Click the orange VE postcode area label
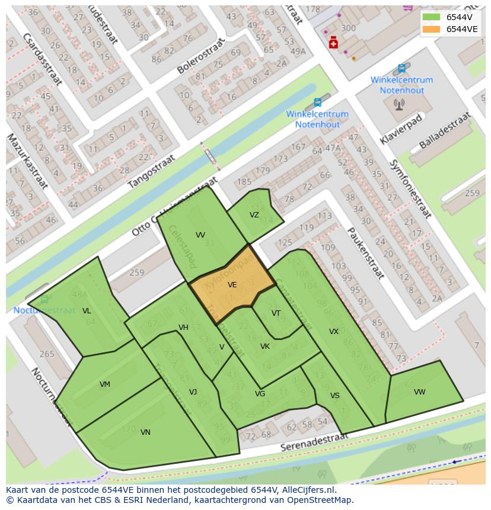pos(232,285)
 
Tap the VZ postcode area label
pos(254,215)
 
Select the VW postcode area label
pos(419,392)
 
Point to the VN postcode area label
pos(145,432)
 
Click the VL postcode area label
pos(87,311)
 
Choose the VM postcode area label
pos(104,384)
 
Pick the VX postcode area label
pos(334,332)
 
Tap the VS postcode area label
pos(335,396)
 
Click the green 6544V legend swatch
pos(431,17)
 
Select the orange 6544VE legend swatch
pos(431,29)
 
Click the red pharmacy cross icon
pos(333,43)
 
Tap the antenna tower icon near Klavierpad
pos(398,105)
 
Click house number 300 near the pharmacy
pos(349,28)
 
